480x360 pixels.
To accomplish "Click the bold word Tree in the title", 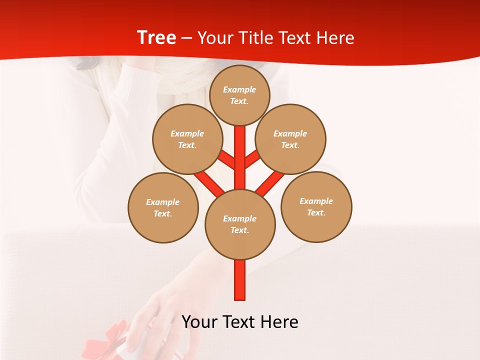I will (x=156, y=37).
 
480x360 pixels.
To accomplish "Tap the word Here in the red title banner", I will (x=335, y=38).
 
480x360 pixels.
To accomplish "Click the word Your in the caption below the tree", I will (x=200, y=322).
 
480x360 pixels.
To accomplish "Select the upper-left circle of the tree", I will (x=187, y=139).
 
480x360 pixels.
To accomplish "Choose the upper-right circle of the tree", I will (x=290, y=139).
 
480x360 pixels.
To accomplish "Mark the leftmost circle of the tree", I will (x=163, y=207).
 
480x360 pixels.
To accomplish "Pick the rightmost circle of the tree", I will (x=316, y=206).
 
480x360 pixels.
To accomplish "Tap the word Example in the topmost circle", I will (x=239, y=90).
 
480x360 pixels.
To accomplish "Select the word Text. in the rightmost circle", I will (x=316, y=212).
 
